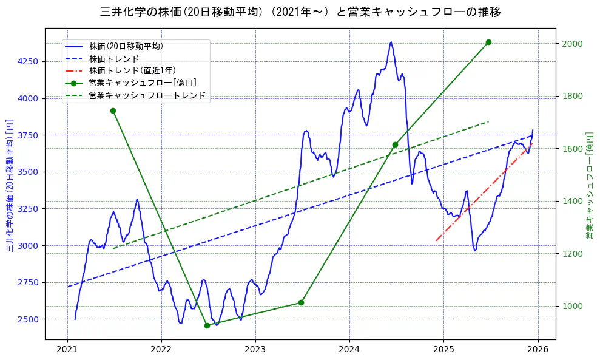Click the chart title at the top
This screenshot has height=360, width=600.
(x=300, y=12)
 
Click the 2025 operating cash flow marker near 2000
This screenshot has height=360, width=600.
(x=488, y=42)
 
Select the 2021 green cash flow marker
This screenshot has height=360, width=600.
(x=113, y=110)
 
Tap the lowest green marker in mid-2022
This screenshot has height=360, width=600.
(x=207, y=325)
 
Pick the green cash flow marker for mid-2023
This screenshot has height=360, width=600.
(x=301, y=302)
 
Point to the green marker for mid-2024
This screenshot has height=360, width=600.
(x=395, y=144)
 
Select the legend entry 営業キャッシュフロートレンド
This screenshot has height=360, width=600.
(x=147, y=95)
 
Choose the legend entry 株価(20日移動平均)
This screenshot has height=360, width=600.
(x=126, y=46)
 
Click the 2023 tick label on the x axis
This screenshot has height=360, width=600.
(x=255, y=349)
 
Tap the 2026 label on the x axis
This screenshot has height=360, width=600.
(x=538, y=349)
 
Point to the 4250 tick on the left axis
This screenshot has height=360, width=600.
(x=29, y=61)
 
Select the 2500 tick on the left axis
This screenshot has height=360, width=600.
(x=29, y=319)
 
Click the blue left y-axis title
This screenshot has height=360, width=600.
(x=10, y=186)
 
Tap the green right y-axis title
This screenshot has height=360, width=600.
(x=589, y=185)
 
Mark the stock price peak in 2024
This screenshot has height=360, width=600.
(x=391, y=42)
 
